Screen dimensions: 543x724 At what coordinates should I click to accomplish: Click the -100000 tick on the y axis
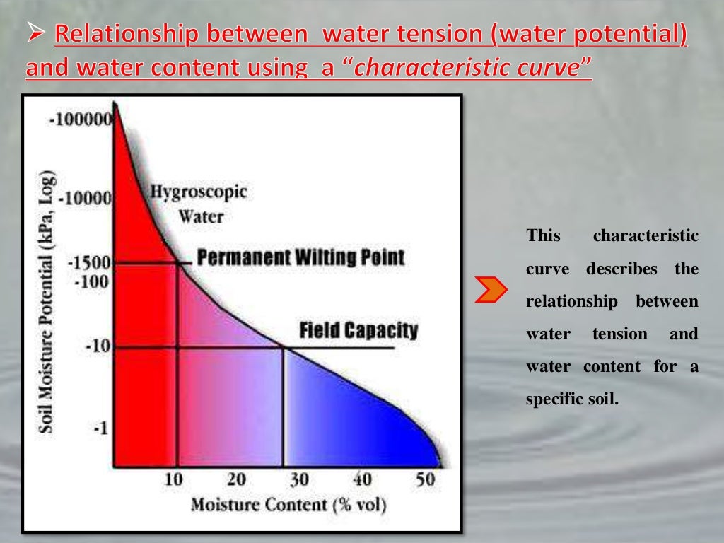79,119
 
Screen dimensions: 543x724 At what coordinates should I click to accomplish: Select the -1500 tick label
88,263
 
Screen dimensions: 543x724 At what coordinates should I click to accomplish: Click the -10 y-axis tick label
97,347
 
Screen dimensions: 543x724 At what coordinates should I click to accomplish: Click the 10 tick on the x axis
173,479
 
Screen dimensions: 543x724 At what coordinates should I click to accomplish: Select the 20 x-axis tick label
236,479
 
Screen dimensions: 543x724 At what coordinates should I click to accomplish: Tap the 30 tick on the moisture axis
299,479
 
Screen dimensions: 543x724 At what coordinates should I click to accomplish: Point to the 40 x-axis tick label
362,479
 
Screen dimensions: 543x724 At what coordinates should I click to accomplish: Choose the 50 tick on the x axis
424,479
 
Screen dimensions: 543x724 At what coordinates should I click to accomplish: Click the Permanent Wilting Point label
301,257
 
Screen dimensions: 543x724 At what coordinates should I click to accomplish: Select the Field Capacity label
358,330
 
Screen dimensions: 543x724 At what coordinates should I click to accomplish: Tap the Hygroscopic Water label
199,204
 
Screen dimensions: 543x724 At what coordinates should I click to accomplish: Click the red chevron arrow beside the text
491,290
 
